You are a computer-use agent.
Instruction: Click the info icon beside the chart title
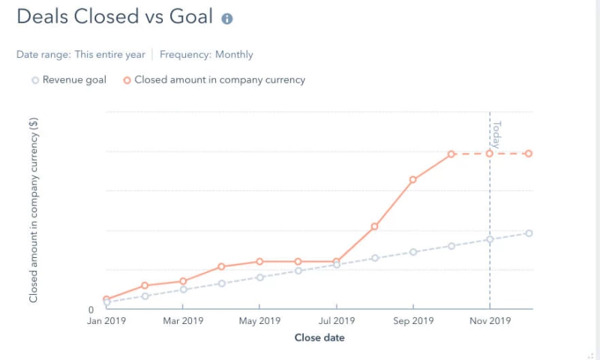(x=227, y=19)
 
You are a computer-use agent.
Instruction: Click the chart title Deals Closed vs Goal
(x=115, y=17)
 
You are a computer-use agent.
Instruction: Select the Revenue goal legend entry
(x=69, y=79)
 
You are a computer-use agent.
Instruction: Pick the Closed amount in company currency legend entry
(x=214, y=79)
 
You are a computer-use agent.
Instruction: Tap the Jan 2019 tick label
(x=106, y=321)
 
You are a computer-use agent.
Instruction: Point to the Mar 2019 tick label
(x=183, y=321)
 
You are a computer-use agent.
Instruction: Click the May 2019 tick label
(x=259, y=321)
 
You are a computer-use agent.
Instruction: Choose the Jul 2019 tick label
(x=336, y=321)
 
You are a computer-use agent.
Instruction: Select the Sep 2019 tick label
(x=413, y=321)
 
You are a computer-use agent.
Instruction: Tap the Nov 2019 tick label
(x=490, y=321)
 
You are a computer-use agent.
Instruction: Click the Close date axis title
(x=319, y=337)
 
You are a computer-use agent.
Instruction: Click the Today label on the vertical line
(x=496, y=134)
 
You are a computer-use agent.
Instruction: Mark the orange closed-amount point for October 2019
(x=451, y=154)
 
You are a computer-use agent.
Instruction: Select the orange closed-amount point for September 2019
(x=413, y=180)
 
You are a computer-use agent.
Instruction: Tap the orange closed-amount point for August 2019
(x=375, y=226)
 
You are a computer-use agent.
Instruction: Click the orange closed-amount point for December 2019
(x=529, y=154)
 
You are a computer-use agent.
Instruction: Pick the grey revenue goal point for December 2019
(x=529, y=233)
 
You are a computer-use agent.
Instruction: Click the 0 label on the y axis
(x=91, y=310)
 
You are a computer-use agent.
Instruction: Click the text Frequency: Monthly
(x=206, y=55)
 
